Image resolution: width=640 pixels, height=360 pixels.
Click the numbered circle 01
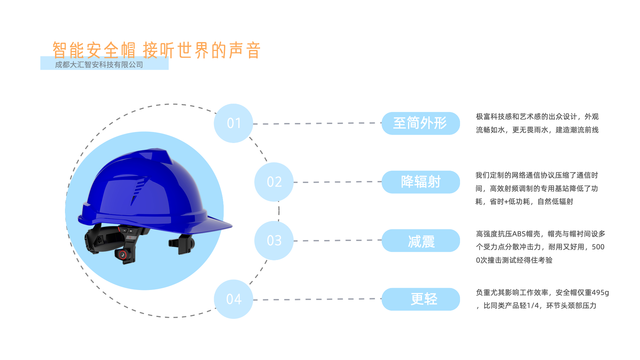pyautogui.click(x=233, y=123)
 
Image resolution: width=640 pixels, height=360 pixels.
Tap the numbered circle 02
pyautogui.click(x=274, y=182)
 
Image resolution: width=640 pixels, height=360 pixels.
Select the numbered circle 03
pyautogui.click(x=274, y=241)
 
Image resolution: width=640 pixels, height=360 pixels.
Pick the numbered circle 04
pyautogui.click(x=233, y=299)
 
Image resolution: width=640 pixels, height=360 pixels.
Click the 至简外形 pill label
pyautogui.click(x=421, y=123)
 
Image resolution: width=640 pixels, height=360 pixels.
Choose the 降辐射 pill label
pyautogui.click(x=421, y=182)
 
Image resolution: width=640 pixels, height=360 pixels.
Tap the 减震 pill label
pyautogui.click(x=421, y=241)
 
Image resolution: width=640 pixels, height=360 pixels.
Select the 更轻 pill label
pyautogui.click(x=421, y=299)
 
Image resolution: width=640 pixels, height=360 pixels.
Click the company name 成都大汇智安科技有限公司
pyautogui.click(x=99, y=65)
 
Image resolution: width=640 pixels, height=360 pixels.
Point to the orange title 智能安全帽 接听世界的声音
pyautogui.click(x=157, y=50)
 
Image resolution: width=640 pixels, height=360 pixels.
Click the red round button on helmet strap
pyautogui.click(x=123, y=255)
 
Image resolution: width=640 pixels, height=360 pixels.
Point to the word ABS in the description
pyautogui.click(x=519, y=234)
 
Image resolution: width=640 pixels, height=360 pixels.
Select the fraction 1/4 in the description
pyautogui.click(x=532, y=306)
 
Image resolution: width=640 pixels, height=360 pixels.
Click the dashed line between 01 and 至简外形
pyautogui.click(x=317, y=123)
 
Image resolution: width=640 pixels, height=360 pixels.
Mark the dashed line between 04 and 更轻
pyautogui.click(x=317, y=299)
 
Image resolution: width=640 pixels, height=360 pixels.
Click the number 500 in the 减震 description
pyautogui.click(x=598, y=247)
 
